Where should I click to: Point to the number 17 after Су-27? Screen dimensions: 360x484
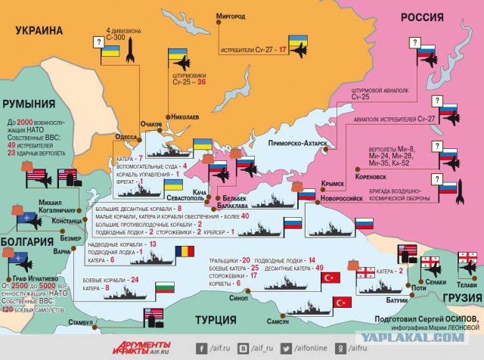pos(282,50)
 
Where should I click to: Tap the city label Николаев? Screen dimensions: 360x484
pos(186,117)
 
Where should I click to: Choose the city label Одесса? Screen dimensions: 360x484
pos(126,137)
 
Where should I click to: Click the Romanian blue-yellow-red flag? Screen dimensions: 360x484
pos(184,251)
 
